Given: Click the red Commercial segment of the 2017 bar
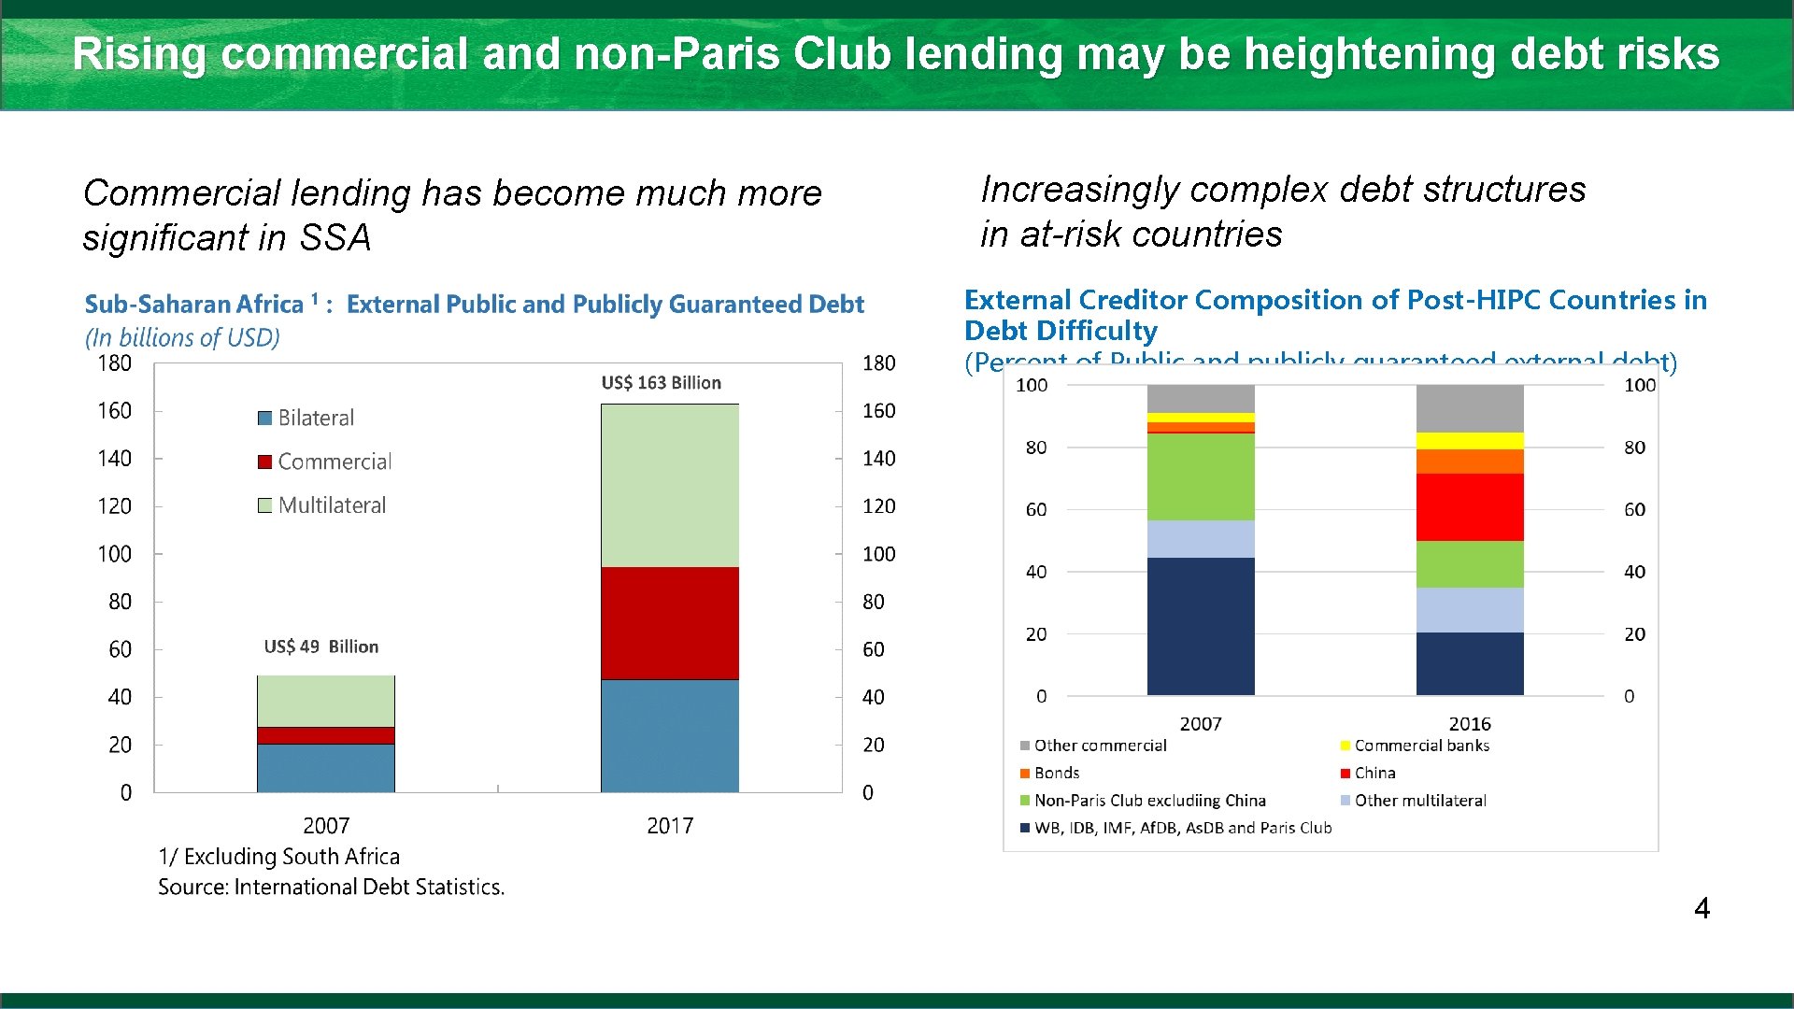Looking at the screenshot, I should pos(669,623).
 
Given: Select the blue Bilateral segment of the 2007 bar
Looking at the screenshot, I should pos(325,768).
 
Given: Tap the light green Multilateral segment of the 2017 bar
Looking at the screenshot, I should pos(669,486).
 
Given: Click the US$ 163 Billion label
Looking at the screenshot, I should pos(661,383).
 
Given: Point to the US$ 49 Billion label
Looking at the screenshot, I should pos(320,647).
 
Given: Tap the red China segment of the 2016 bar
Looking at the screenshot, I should pos(1469,507).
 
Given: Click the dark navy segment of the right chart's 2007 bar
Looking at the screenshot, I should pos(1201,626).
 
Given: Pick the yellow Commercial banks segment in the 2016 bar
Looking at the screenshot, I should pos(1469,441).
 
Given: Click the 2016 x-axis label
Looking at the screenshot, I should pos(1469,724).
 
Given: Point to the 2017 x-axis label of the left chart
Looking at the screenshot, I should pos(669,826).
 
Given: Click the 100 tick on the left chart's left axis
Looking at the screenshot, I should pos(115,554).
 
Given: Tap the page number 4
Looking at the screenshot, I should pos(1701,908).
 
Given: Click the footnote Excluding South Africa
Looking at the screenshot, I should pos(279,857).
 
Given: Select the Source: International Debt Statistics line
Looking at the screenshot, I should pos(331,887).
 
